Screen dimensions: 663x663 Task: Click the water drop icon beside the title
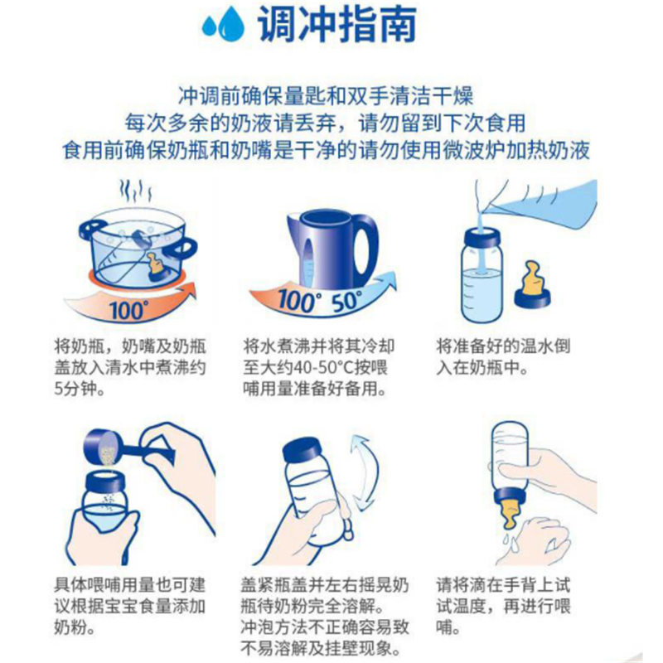[223, 25]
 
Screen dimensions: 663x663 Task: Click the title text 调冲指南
[337, 25]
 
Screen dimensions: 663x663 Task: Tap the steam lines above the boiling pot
[135, 191]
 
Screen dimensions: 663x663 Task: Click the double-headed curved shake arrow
[365, 472]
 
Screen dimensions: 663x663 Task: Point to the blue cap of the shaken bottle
[302, 452]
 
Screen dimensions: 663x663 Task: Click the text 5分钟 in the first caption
[79, 389]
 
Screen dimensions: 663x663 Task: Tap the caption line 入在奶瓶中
[482, 367]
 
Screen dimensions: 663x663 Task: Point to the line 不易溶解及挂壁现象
[322, 648]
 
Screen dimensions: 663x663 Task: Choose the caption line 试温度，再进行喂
[503, 607]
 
